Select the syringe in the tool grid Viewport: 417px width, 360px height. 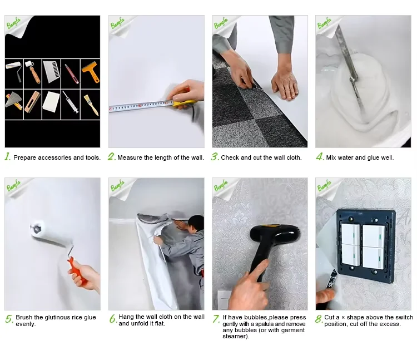point(71,102)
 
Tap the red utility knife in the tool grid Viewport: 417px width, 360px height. point(72,74)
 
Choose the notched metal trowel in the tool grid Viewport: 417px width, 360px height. point(51,71)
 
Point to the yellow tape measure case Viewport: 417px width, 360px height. point(183,103)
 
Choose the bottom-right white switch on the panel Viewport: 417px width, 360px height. point(373,258)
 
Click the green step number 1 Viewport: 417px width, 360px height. point(7,156)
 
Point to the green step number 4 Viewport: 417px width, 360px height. point(320,156)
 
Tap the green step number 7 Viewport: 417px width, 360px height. point(216,319)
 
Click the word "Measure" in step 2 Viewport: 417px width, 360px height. point(130,157)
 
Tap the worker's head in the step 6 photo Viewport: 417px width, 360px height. point(196,223)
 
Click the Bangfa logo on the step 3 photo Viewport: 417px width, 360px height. point(221,23)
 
